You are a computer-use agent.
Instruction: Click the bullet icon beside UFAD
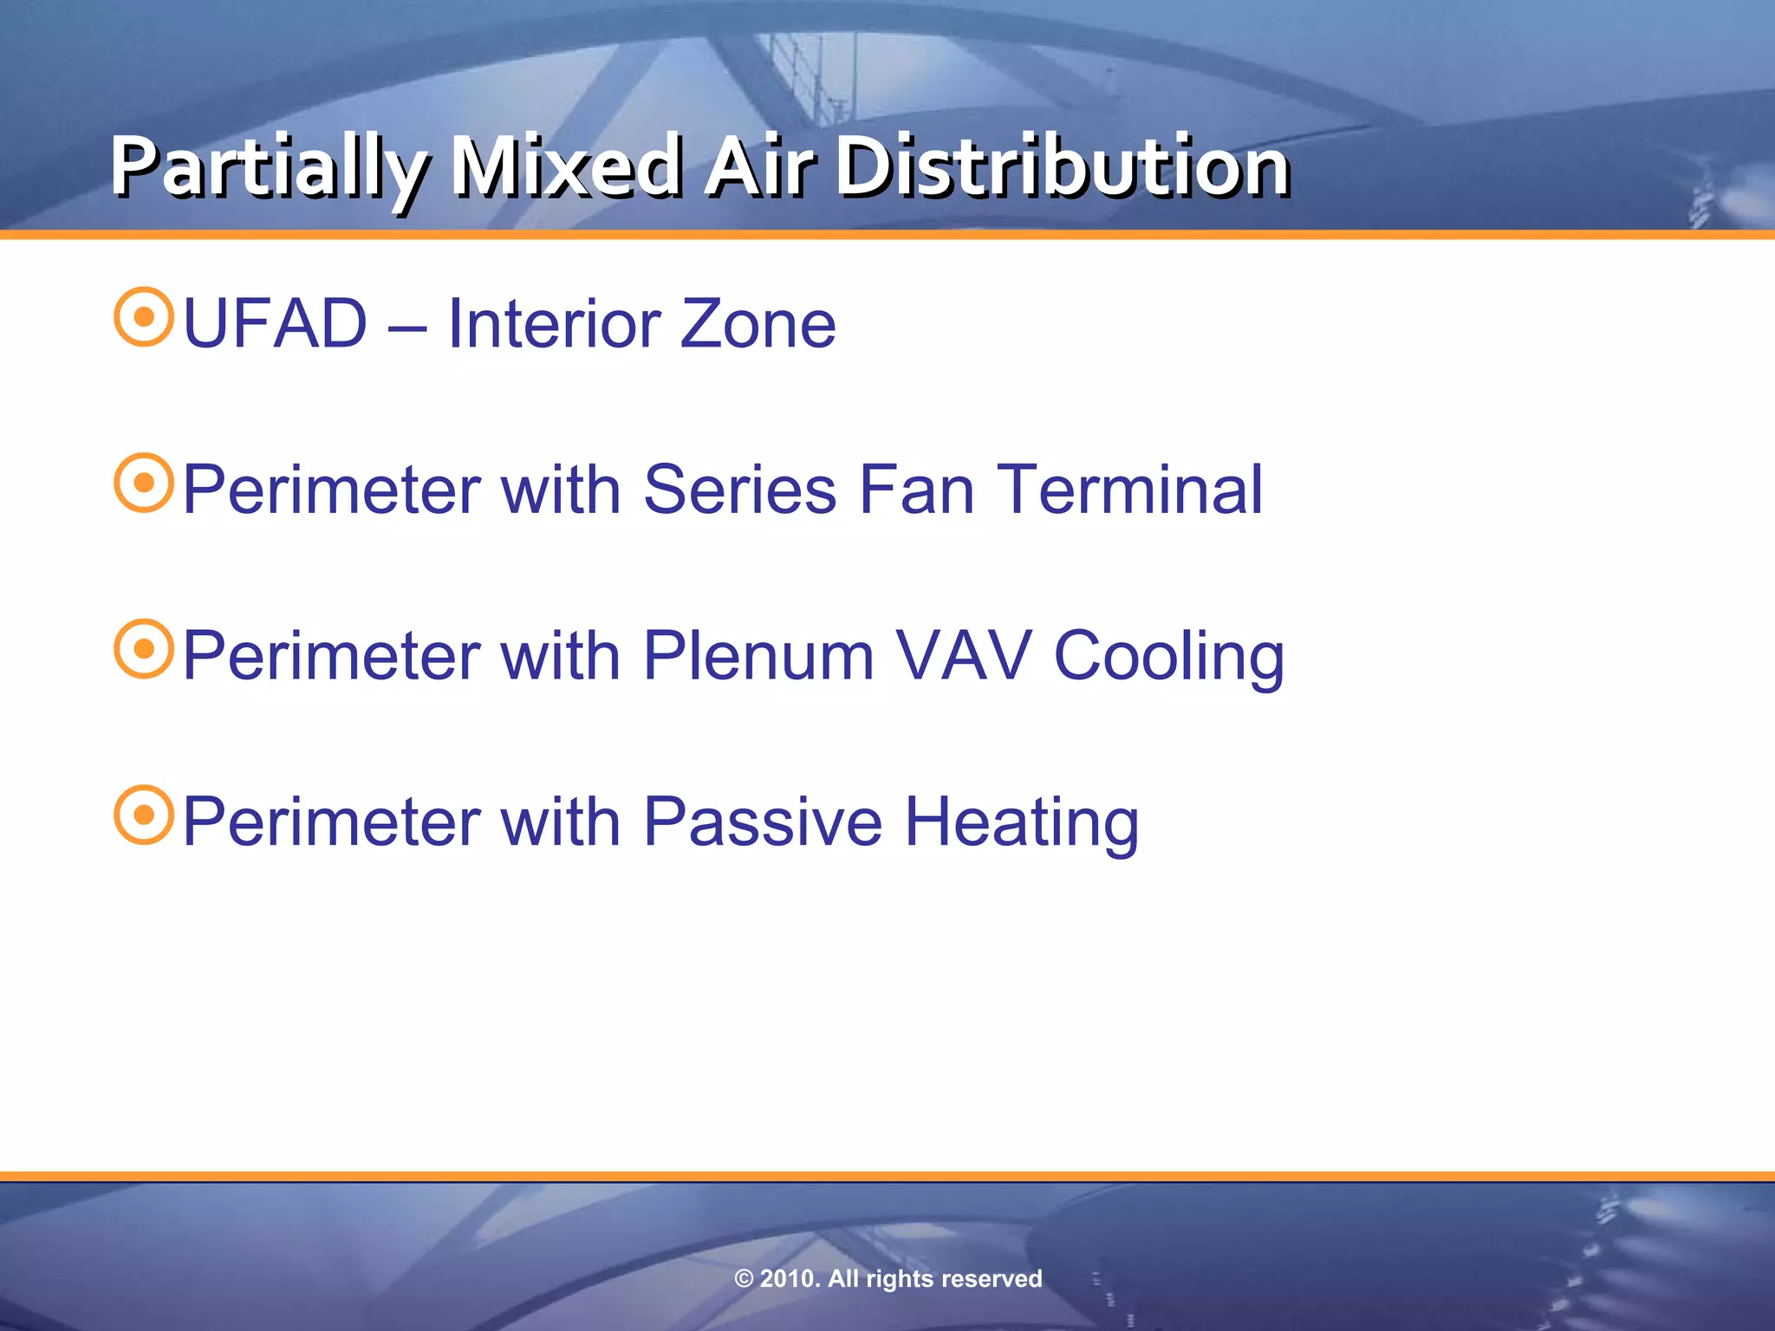pos(144,317)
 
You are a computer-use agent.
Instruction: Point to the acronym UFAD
pos(276,324)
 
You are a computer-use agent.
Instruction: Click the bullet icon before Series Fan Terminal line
pos(144,483)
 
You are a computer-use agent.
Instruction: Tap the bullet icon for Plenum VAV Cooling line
pos(144,649)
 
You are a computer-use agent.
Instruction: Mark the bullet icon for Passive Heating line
pos(144,815)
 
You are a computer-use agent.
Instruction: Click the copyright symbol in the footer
pos(744,1279)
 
